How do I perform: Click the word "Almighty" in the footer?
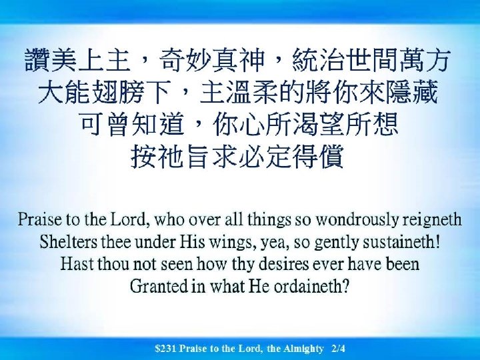[303, 348]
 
